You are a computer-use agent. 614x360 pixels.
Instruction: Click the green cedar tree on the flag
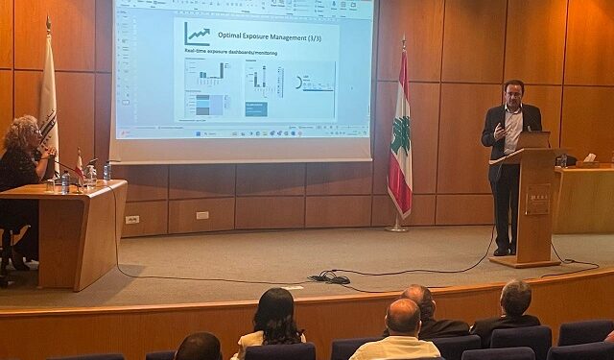(400, 135)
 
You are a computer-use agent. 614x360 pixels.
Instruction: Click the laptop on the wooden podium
(533, 140)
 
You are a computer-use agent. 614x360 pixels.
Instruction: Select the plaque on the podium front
(537, 199)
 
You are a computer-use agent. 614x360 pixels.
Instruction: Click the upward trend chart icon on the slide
(198, 35)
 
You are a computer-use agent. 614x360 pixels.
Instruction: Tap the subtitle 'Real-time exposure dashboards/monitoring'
(230, 53)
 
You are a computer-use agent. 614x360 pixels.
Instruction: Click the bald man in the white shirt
(402, 331)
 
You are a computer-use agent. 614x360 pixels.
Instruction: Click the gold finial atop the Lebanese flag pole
(403, 42)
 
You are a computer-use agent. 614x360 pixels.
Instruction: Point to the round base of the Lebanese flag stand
(395, 228)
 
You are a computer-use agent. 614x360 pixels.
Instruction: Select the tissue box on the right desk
(590, 158)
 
